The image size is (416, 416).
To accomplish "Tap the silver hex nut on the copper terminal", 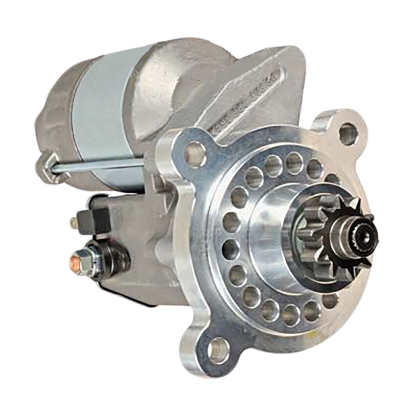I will [x=84, y=261].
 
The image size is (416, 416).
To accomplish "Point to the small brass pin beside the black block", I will [x=73, y=223].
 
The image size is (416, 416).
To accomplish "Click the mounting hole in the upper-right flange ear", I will [x=348, y=134].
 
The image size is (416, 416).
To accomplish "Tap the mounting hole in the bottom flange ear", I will [x=218, y=350].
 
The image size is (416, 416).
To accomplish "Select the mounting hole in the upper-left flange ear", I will [x=194, y=153].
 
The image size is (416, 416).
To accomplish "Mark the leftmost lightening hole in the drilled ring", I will [x=231, y=222].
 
